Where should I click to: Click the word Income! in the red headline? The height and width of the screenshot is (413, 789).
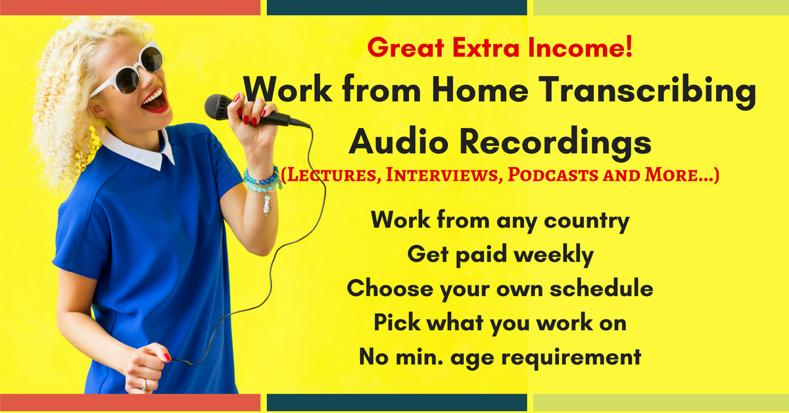pyautogui.click(x=580, y=47)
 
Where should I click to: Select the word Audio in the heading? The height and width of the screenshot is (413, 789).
pyautogui.click(x=398, y=141)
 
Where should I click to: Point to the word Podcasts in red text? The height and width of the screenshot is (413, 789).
pyautogui.click(x=553, y=174)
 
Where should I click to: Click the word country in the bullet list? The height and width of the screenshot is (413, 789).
pyautogui.click(x=586, y=222)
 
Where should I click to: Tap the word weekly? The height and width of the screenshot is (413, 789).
pyautogui.click(x=554, y=255)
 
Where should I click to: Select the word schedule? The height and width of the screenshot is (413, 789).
pyautogui.click(x=601, y=288)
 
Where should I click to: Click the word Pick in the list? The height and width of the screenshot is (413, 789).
pyautogui.click(x=397, y=322)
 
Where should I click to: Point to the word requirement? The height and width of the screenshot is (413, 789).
pyautogui.click(x=571, y=357)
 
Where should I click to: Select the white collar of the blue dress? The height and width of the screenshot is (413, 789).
pyautogui.click(x=138, y=150)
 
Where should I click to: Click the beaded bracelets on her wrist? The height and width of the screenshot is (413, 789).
pyautogui.click(x=262, y=182)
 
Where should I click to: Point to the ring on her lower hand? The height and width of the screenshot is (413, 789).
pyautogui.click(x=144, y=385)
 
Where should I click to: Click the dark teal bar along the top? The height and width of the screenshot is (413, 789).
pyautogui.click(x=397, y=7)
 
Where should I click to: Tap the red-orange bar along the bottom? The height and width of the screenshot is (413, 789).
pyautogui.click(x=130, y=402)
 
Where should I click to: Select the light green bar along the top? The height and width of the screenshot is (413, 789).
pyautogui.click(x=661, y=7)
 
